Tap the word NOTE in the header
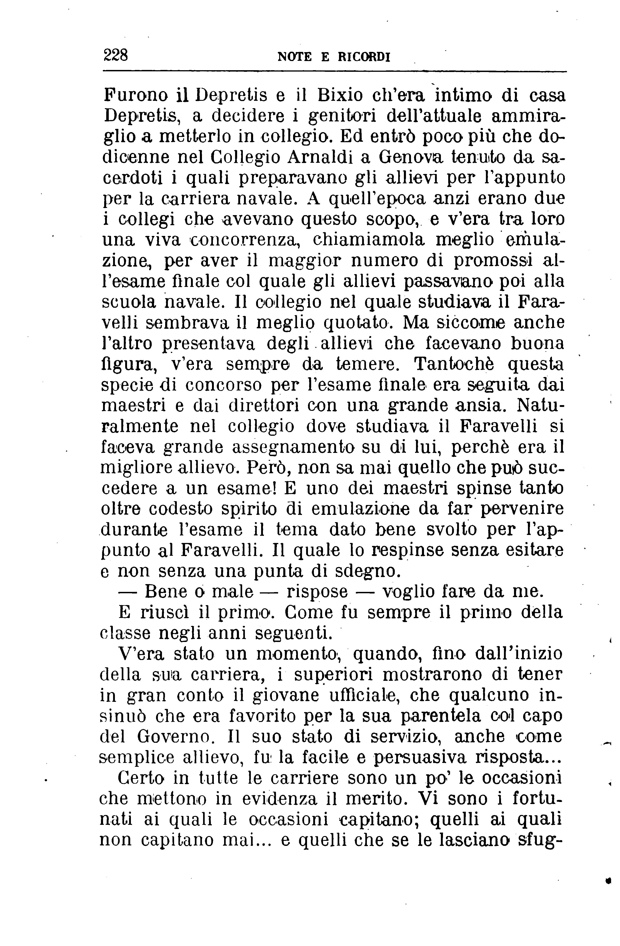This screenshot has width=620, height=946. pyautogui.click(x=294, y=57)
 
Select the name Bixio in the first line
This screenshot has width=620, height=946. pyautogui.click(x=340, y=96)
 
